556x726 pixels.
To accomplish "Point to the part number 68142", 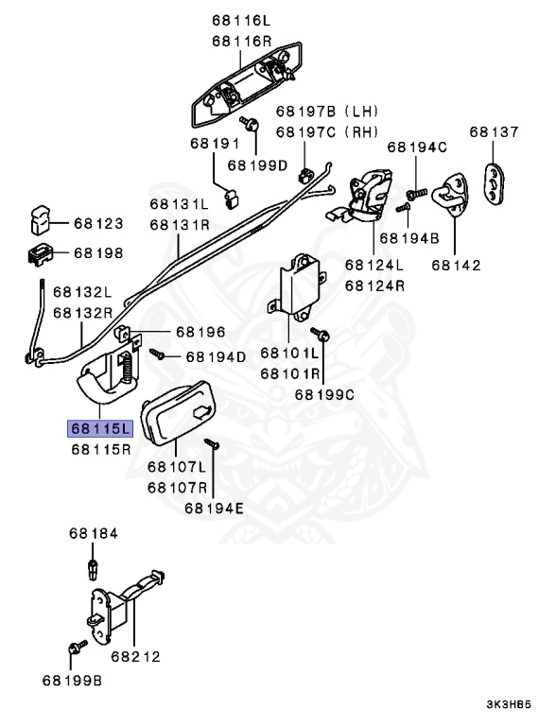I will tap(455, 266).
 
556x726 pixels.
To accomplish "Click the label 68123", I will tap(98, 225).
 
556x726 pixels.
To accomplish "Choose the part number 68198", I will tap(98, 253).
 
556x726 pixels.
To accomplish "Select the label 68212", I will tap(135, 654).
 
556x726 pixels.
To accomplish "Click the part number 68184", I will tap(94, 534).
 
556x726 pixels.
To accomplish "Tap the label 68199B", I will tap(72, 680).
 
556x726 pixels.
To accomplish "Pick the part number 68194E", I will tap(214, 508).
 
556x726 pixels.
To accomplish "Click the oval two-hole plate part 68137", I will tap(495, 181).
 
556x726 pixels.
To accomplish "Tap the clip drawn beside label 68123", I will tap(38, 219).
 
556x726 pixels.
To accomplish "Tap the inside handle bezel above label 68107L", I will tap(179, 422).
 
